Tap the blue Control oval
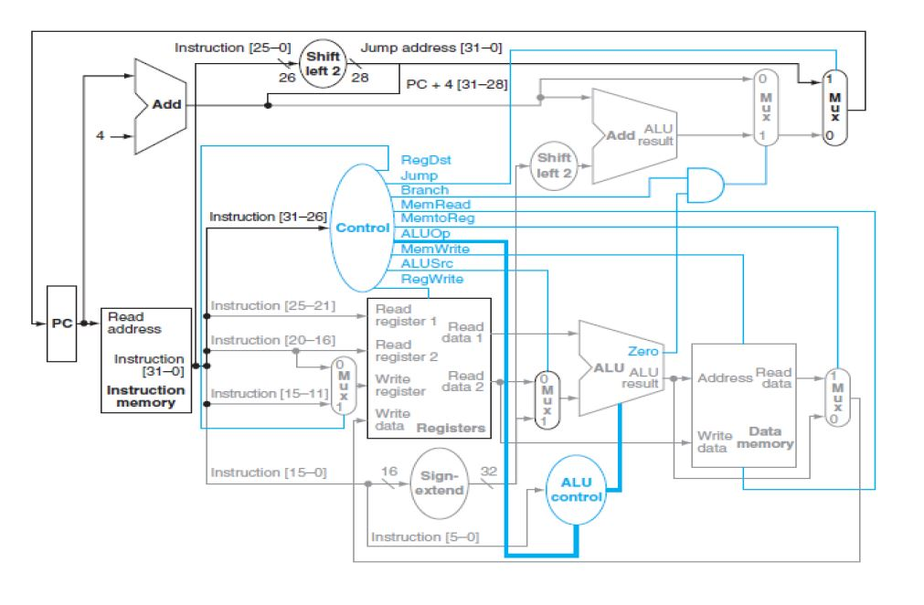click(x=362, y=228)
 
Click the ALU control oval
click(x=576, y=489)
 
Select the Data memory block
click(x=743, y=405)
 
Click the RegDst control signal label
click(x=425, y=159)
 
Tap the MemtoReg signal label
click(x=437, y=218)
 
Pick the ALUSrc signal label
click(x=425, y=263)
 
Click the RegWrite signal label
click(x=431, y=279)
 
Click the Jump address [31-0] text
click(x=431, y=46)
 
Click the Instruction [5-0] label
click(x=423, y=536)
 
